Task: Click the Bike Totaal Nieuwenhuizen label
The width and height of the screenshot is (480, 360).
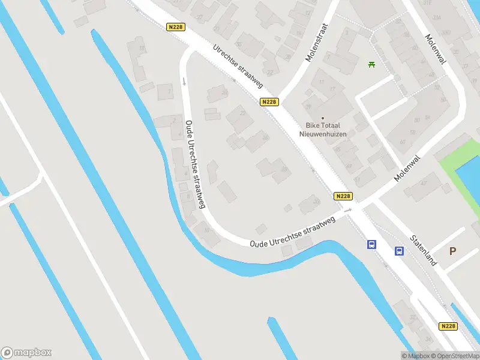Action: click(x=323, y=129)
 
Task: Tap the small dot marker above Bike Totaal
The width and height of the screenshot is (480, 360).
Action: click(x=323, y=118)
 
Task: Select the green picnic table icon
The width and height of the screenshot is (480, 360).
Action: click(x=372, y=64)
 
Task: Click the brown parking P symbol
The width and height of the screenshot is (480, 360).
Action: click(x=453, y=251)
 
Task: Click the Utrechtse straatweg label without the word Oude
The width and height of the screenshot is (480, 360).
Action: click(x=238, y=66)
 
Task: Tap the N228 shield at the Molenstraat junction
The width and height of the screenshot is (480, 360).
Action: click(x=269, y=102)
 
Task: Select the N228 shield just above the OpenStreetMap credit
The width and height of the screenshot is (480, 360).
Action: click(x=448, y=326)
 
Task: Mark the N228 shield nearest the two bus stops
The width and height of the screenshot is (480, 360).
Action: click(x=343, y=196)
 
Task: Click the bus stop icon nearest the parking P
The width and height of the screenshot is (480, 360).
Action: click(x=399, y=251)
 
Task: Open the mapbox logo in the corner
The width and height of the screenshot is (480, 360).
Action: click(x=26, y=353)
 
